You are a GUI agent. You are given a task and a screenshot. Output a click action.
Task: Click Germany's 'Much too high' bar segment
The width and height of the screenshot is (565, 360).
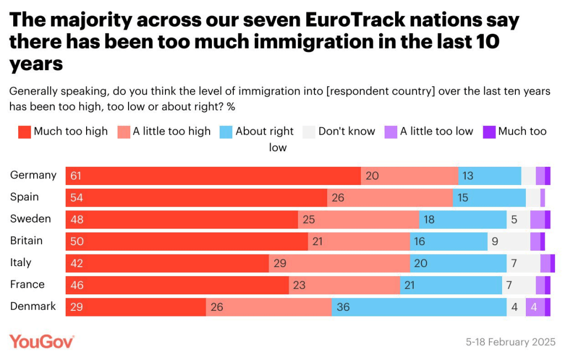213,176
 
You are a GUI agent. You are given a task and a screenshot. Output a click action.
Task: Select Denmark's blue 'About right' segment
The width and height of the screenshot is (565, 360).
419,306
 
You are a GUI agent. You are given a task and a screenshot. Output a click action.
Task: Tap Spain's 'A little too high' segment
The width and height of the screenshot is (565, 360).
390,197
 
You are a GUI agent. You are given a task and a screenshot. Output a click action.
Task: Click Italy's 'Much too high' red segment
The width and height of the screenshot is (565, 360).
167,263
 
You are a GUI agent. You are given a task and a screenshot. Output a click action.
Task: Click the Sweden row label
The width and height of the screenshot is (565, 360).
30,219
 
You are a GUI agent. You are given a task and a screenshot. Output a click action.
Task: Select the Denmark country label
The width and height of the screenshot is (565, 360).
33,306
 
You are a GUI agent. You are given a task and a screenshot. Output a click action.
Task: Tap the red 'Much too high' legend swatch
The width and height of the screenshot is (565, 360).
24,132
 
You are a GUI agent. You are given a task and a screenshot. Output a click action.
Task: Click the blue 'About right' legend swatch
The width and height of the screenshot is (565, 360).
226,132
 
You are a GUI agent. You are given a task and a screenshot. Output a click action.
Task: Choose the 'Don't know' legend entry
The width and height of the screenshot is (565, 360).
340,131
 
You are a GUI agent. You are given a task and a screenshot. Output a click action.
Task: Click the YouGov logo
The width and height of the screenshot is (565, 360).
41,341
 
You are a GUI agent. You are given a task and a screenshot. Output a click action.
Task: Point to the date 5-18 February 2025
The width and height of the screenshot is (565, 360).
510,342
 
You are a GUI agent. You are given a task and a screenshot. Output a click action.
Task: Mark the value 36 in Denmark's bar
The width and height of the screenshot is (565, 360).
343,306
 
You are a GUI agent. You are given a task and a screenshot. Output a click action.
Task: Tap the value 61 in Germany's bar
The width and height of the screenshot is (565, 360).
76,176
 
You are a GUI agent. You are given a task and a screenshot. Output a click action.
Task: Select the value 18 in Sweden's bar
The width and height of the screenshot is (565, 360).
429,219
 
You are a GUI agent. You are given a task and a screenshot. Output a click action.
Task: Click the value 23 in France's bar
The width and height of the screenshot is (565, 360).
299,285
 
